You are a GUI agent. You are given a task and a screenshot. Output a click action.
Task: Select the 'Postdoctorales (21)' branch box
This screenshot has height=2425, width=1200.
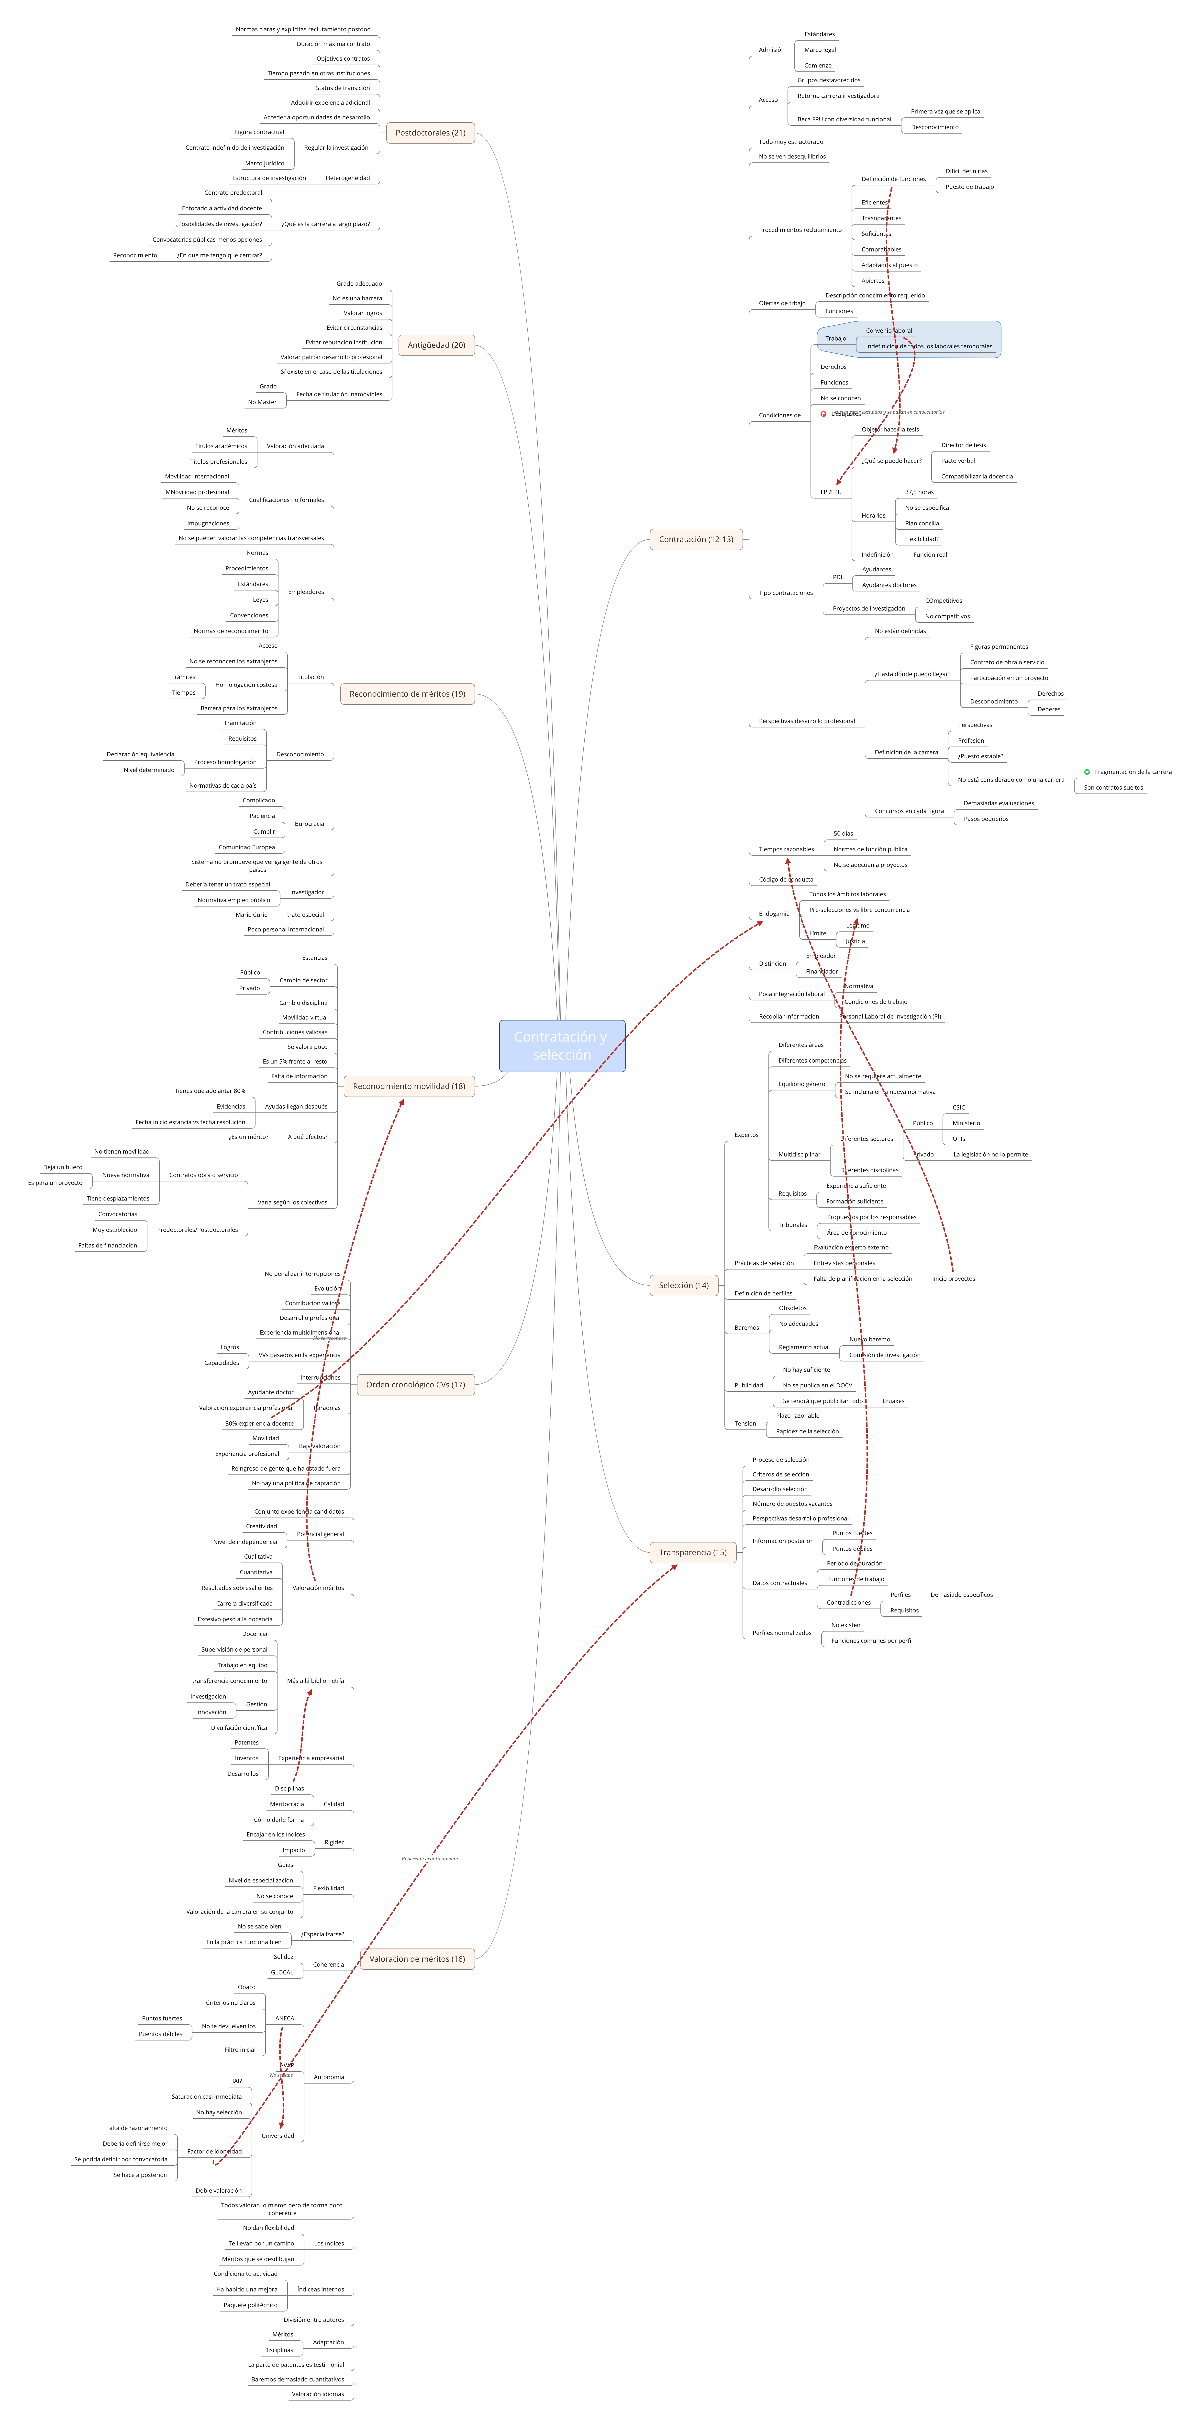point(430,133)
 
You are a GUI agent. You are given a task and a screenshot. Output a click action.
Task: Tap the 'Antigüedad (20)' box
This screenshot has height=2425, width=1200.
point(436,345)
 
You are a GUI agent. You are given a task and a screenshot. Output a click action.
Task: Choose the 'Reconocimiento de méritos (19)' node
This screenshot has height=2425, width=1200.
point(407,694)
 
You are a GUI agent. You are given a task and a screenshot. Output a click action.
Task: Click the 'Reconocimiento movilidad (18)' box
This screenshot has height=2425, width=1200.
point(409,1086)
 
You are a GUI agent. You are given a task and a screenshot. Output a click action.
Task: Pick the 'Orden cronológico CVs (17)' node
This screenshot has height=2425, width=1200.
point(415,1385)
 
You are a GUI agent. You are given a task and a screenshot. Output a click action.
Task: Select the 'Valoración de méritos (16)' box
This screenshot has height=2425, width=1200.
point(417,1959)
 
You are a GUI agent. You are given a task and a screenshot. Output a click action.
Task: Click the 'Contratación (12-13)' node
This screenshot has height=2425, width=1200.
point(696,539)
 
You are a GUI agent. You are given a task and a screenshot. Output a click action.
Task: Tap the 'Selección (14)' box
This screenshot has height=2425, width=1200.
point(683,1285)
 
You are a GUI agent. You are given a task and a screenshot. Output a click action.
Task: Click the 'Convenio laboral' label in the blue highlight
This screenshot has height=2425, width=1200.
point(889,330)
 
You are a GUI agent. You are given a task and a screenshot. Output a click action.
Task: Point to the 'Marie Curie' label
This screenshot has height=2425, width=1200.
point(251,914)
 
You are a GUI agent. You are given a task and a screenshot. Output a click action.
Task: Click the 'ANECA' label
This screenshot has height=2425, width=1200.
point(284,2018)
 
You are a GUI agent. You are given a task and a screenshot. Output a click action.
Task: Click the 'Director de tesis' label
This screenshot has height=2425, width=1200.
point(963,445)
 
